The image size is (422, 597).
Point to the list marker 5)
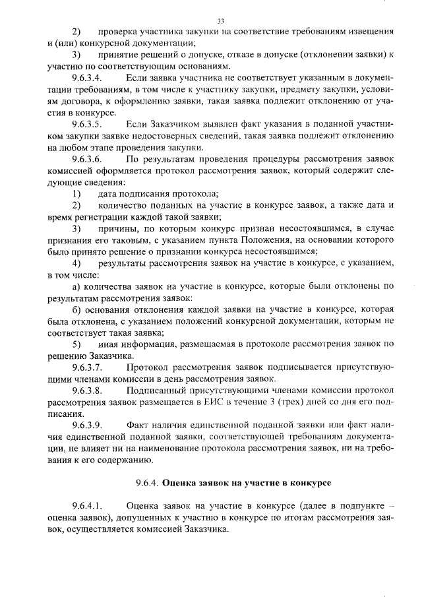tap(76, 344)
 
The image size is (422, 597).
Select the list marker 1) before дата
tap(76, 193)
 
